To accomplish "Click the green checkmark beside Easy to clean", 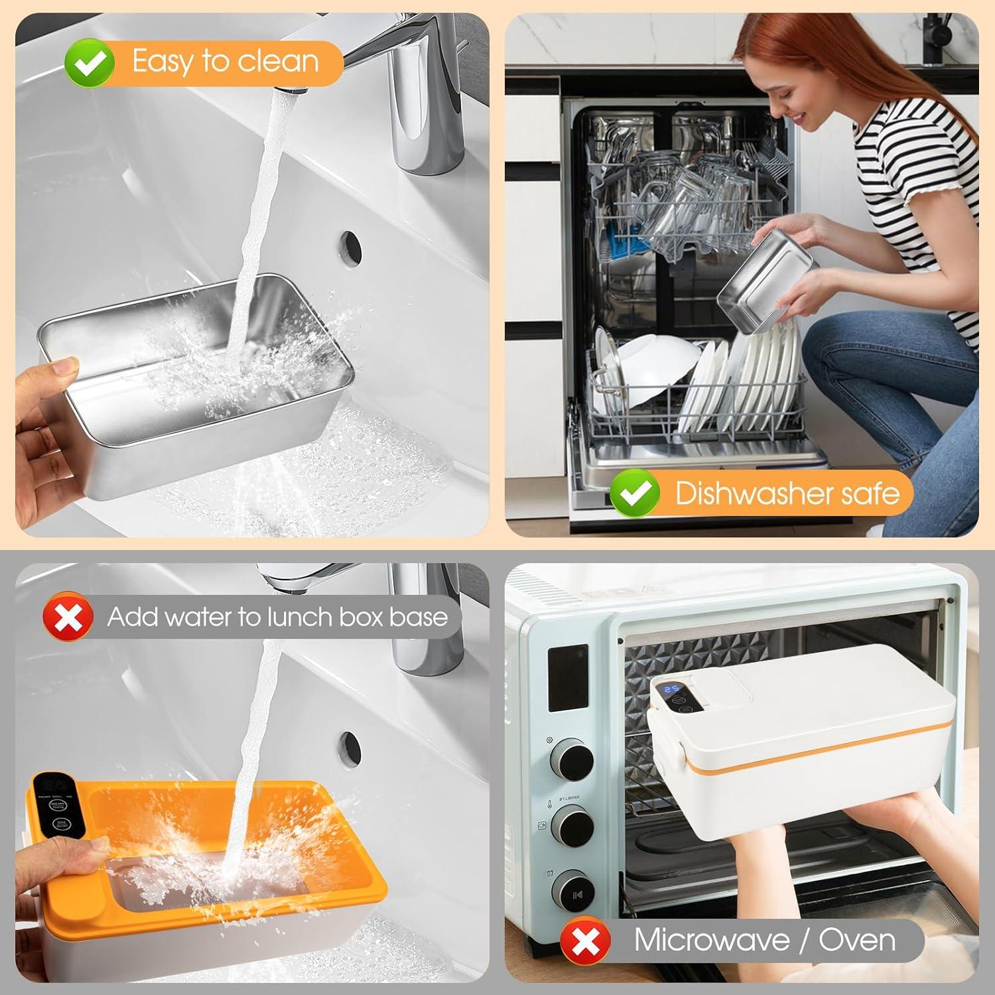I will (90, 62).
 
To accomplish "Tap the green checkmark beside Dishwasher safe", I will (634, 492).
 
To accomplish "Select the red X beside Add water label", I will (68, 616).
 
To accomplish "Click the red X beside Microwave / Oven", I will (585, 940).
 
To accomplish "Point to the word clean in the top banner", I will (278, 62).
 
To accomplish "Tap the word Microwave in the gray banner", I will (712, 940).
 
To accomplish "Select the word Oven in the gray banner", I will (856, 940).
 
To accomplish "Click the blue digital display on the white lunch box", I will (671, 693).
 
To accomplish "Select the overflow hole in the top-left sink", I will (350, 245).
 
